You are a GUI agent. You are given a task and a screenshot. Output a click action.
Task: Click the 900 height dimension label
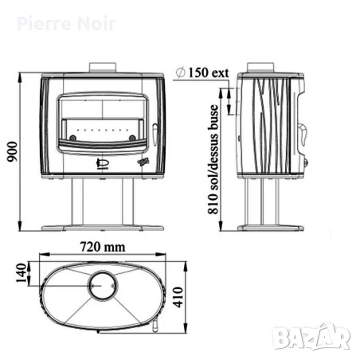click(x=12, y=151)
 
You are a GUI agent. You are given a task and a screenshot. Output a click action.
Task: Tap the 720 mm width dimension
click(x=103, y=247)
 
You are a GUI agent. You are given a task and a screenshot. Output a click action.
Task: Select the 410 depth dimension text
click(x=178, y=297)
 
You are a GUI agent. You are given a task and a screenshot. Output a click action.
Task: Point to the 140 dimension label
click(x=22, y=273)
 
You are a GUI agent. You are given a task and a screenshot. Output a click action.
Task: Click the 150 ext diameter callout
click(x=202, y=72)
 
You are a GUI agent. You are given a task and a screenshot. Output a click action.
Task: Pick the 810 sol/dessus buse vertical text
click(x=213, y=159)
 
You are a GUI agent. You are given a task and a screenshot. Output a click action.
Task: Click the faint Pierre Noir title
click(x=66, y=24)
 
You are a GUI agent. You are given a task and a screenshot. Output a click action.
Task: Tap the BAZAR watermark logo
click(x=311, y=337)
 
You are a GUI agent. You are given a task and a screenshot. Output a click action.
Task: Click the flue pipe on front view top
click(x=103, y=68)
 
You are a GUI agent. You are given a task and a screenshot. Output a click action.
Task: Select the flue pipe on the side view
click(x=260, y=68)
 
